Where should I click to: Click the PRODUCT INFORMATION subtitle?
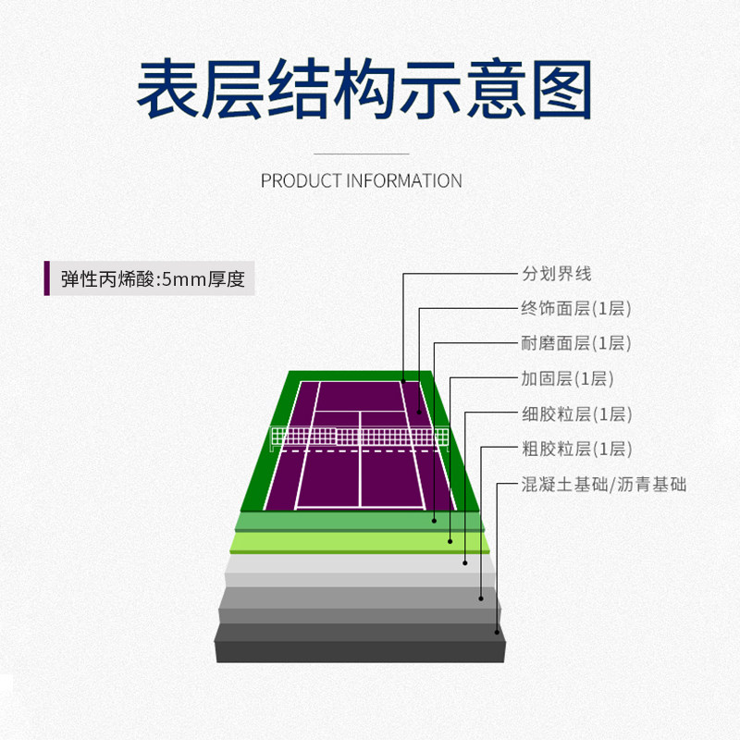coord(362,180)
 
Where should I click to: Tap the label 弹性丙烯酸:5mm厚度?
coord(153,278)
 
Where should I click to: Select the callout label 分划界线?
coord(556,274)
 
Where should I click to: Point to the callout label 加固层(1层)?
coord(567,379)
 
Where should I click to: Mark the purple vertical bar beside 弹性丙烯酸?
coord(47,278)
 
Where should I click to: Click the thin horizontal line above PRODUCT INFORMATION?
coord(362,153)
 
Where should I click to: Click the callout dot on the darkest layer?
coord(498,633)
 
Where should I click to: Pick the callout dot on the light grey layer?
coord(465,561)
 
